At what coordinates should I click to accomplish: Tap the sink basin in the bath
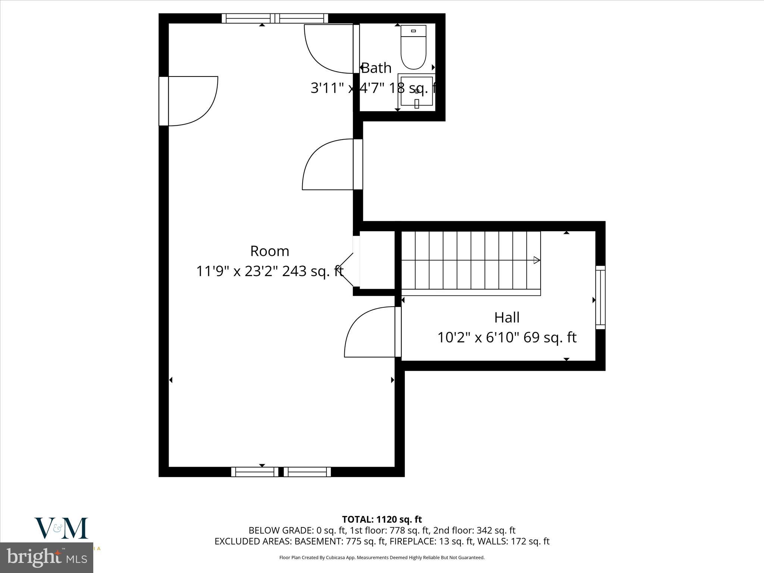pos(417,91)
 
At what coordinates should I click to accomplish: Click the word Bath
pos(376,68)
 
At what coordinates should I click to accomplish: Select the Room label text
pos(270,251)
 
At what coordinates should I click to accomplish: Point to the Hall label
pos(507,317)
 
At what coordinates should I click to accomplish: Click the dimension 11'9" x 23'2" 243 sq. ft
pos(270,271)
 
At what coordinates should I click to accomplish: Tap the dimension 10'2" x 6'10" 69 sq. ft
pos(507,338)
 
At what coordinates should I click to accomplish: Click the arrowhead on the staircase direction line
pos(536,260)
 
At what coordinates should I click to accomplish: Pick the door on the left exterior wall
pos(190,101)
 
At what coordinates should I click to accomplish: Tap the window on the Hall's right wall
pos(600,297)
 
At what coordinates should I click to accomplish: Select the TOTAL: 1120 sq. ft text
pos(382,519)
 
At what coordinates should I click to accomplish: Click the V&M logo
pos(62,528)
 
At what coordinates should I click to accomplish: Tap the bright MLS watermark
pos(47,558)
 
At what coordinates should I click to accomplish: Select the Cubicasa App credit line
pos(382,558)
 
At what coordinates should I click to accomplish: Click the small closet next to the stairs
pos(377,260)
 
